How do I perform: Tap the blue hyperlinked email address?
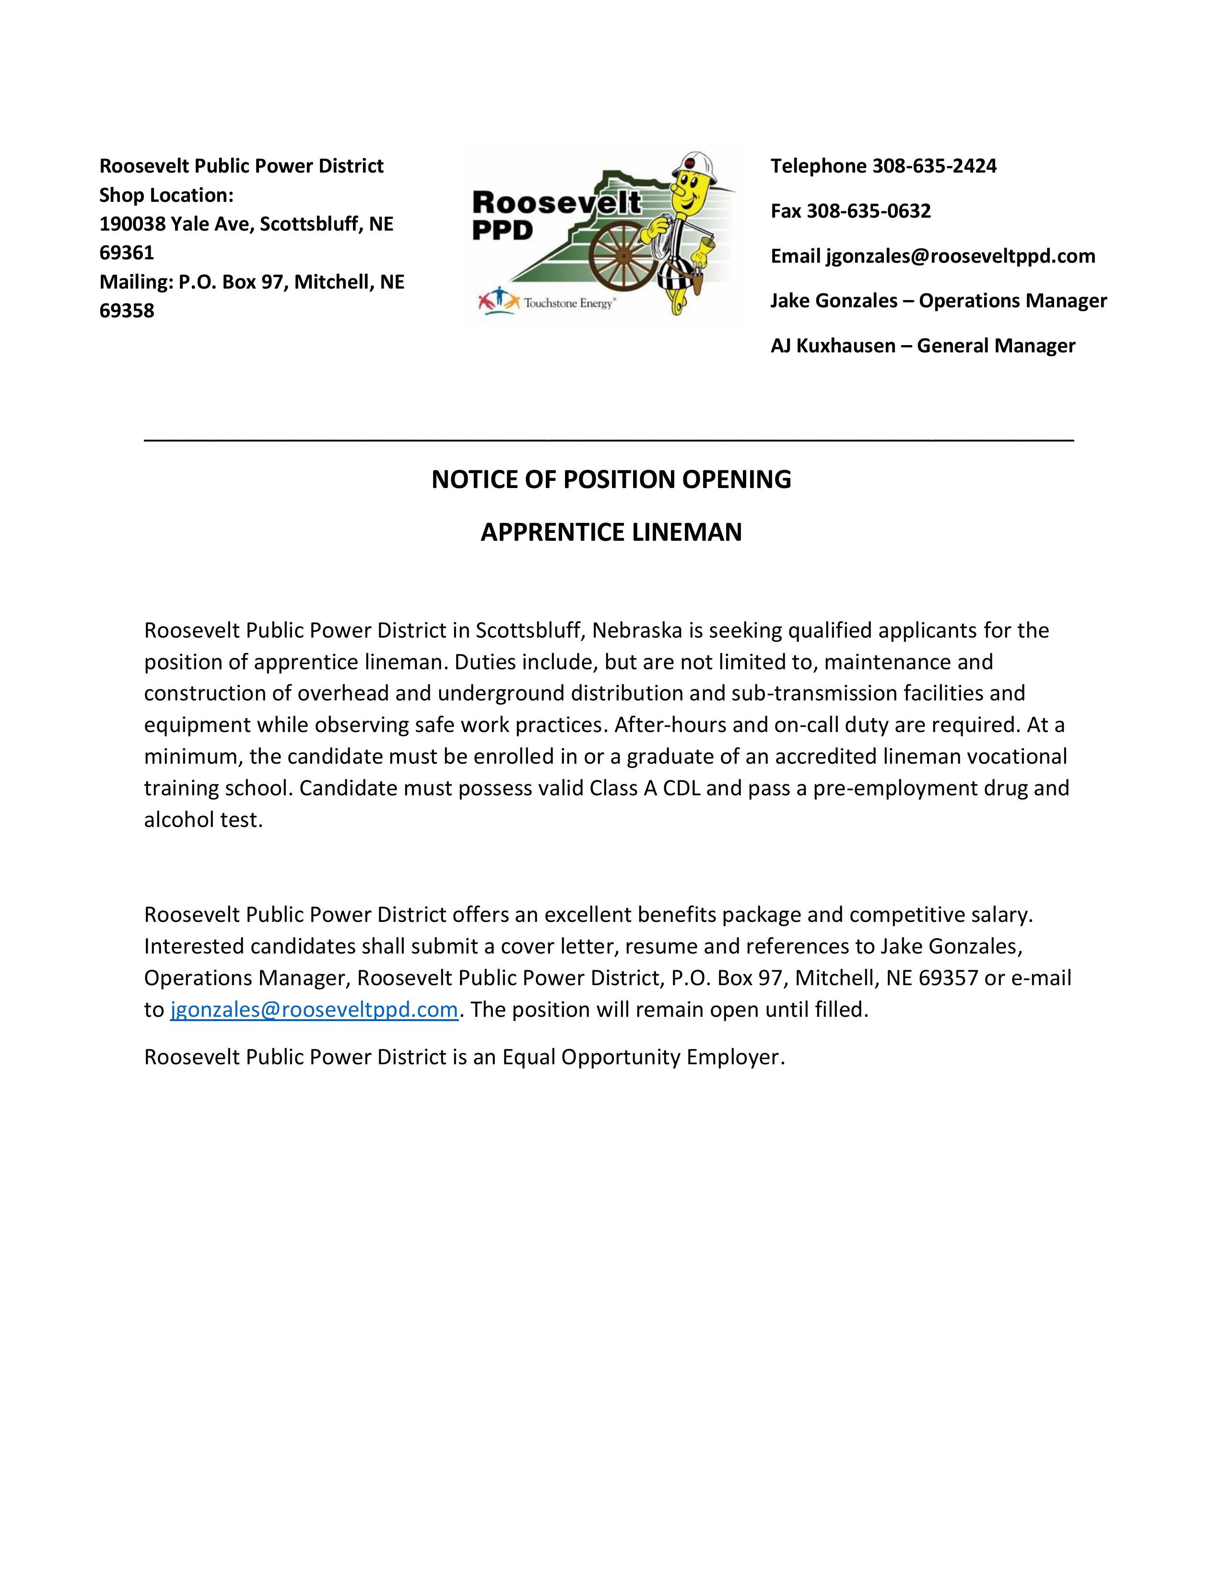pos(314,1010)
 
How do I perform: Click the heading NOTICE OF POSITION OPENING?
pos(611,479)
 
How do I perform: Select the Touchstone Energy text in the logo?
pos(569,303)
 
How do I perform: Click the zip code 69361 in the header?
pos(127,253)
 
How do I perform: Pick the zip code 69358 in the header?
pos(127,311)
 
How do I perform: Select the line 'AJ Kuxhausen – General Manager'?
pos(922,346)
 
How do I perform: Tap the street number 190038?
pos(132,224)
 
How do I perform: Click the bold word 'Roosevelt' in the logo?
pos(556,202)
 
